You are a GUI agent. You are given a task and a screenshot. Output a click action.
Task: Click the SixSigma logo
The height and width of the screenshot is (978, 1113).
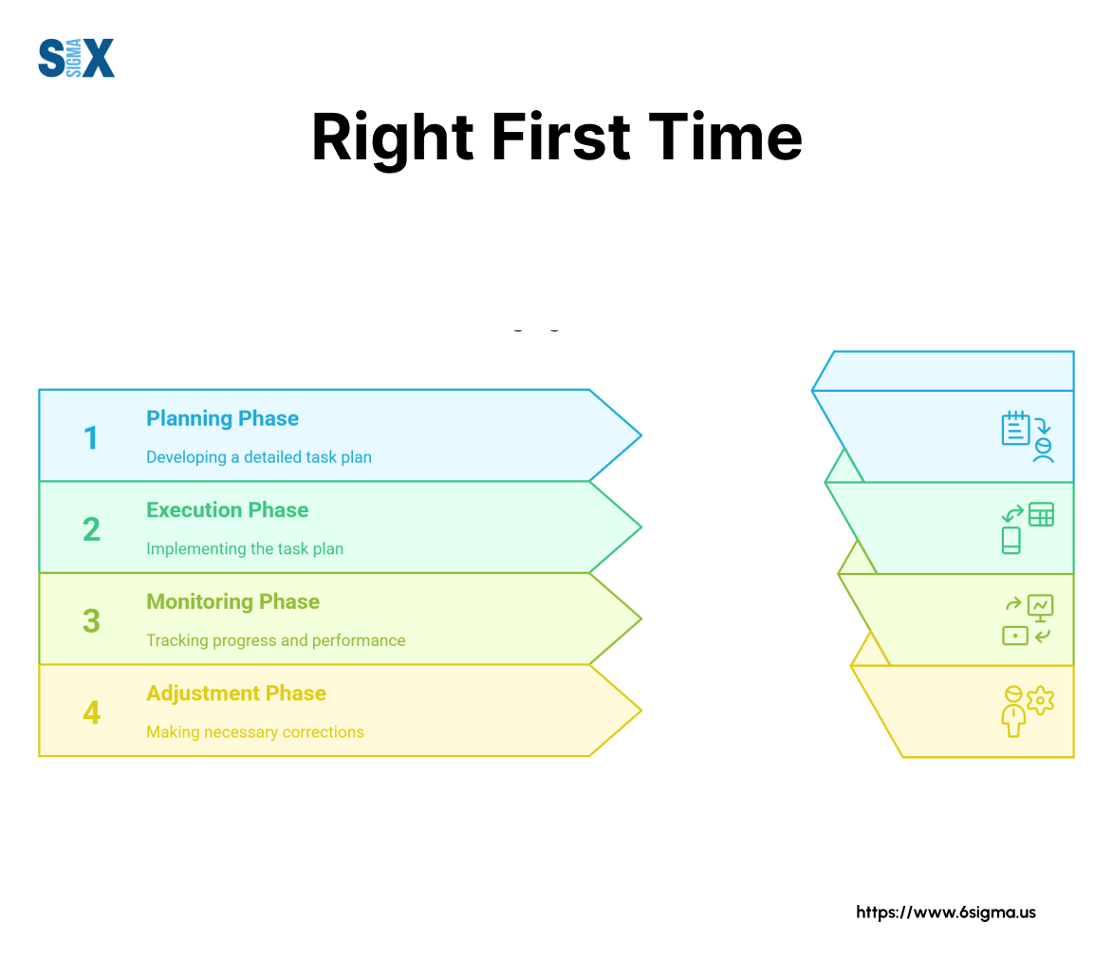tap(76, 58)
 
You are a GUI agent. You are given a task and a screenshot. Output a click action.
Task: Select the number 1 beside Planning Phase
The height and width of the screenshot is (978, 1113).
tap(91, 438)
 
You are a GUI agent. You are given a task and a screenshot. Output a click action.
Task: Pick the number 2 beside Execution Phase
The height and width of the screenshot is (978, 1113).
tap(91, 529)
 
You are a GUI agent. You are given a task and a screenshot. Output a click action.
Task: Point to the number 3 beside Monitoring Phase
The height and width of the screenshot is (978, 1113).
tap(91, 621)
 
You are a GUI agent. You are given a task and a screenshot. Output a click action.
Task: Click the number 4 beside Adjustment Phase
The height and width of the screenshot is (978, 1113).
tap(91, 712)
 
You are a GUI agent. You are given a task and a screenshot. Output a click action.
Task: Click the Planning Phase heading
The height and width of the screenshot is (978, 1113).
tap(222, 418)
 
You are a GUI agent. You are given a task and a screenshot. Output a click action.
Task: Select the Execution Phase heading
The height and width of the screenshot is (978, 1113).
tap(227, 509)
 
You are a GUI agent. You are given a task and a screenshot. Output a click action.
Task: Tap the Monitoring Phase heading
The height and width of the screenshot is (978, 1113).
tap(232, 601)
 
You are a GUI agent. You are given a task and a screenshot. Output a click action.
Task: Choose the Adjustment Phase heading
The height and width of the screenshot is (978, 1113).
tap(235, 693)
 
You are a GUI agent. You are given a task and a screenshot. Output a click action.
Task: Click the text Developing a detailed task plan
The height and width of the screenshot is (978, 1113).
tap(258, 457)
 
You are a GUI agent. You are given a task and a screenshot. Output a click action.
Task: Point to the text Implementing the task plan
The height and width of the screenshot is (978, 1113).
tap(245, 548)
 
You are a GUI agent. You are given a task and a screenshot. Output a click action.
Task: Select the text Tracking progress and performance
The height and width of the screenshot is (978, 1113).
tap(275, 640)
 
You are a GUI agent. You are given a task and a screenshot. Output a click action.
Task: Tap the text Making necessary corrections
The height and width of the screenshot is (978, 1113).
tap(254, 732)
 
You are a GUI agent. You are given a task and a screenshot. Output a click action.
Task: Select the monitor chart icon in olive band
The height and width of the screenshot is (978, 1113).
tap(1041, 606)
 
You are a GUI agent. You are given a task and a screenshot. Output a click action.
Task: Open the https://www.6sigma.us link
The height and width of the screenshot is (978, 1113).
tap(946, 913)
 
